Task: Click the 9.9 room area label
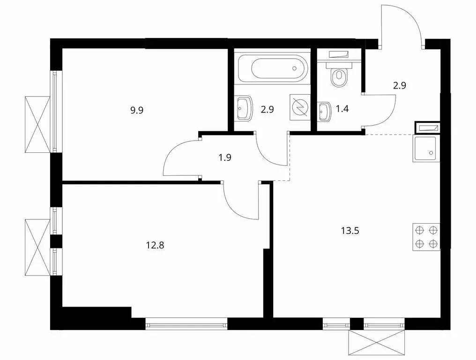point(137,111)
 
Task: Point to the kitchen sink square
point(425,149)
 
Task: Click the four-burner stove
point(426,237)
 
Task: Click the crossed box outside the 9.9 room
point(37,124)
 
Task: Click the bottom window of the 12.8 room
point(186,323)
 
